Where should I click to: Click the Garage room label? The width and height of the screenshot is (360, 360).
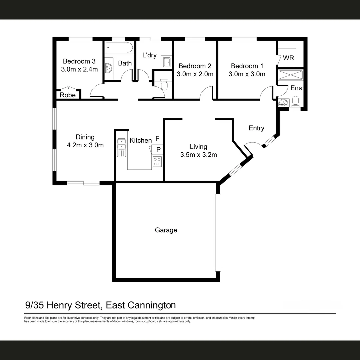coord(166,230)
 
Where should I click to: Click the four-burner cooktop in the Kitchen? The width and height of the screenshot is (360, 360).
coord(157,162)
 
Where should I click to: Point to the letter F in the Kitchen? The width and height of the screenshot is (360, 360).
coord(157,138)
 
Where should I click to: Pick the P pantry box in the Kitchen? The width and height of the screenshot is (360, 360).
coord(158,150)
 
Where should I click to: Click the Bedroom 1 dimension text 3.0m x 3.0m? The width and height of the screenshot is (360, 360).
coord(247,74)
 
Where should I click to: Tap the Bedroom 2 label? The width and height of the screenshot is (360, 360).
coord(195,66)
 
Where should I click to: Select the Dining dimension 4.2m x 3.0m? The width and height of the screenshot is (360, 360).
coord(85,145)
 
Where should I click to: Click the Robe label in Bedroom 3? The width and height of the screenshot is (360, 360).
coord(68,95)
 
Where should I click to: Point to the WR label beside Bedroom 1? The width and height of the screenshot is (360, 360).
coord(288,58)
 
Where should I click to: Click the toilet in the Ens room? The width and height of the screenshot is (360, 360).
coord(295,101)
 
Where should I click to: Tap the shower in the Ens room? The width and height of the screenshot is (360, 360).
coord(291,75)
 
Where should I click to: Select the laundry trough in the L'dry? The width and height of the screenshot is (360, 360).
coord(167,62)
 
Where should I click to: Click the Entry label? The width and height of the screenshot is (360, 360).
coord(256,128)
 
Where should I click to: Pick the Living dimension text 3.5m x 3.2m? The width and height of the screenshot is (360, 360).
coord(198,155)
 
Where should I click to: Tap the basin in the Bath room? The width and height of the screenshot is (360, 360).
coord(109,68)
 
